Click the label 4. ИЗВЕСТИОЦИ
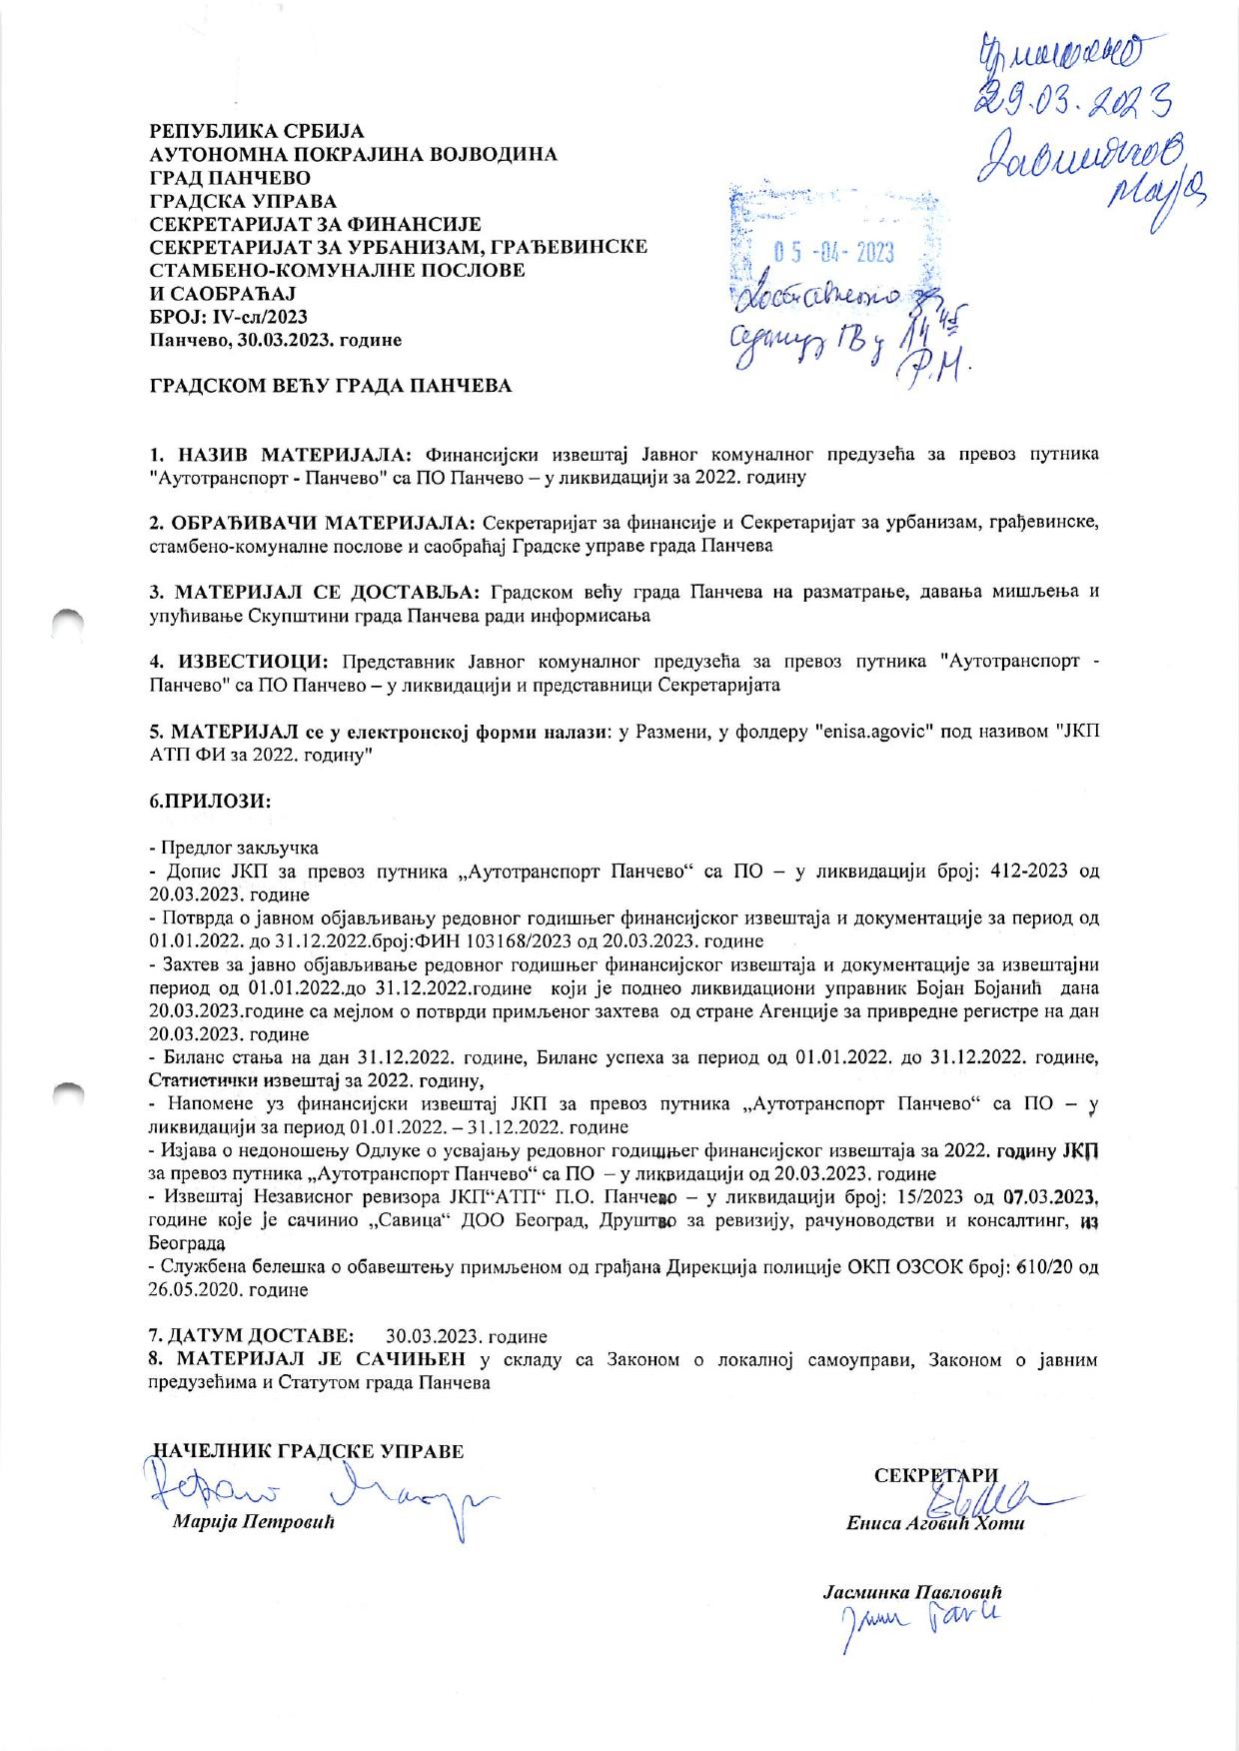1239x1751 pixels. pyautogui.click(x=239, y=662)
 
